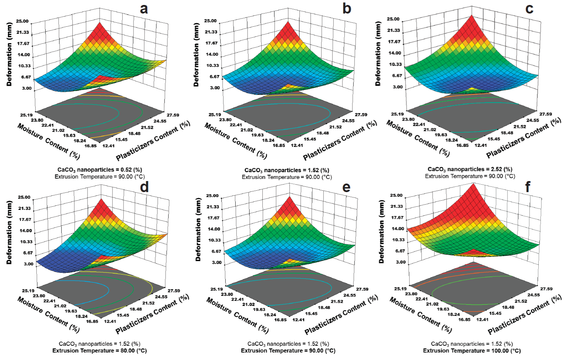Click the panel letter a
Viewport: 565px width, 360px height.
tap(144, 9)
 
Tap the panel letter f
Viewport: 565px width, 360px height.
tap(528, 186)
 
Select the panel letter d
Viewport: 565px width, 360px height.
tap(144, 187)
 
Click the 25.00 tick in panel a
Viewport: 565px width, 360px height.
tap(22, 21)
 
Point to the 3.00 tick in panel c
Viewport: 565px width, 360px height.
tap(397, 87)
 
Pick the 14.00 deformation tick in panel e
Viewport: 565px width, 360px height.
tap(213, 229)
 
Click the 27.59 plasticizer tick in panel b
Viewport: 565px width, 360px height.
tap(360, 115)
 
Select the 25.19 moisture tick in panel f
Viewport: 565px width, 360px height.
tap(400, 289)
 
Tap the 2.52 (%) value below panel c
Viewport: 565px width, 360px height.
tap(502, 169)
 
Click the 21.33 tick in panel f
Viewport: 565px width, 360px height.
tap(397, 206)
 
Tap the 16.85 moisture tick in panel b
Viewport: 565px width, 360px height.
tap(279, 145)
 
